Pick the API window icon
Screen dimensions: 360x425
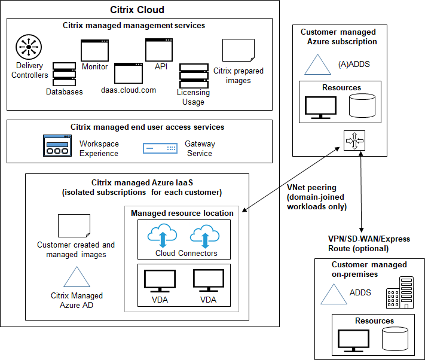(159, 50)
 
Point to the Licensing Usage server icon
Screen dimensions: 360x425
(193, 76)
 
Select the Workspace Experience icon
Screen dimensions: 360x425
(57, 145)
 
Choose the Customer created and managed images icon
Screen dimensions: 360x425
(74, 225)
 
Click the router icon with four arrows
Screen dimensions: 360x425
(354, 142)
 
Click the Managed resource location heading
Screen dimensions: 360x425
(182, 213)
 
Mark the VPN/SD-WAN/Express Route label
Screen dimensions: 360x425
(369, 243)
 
